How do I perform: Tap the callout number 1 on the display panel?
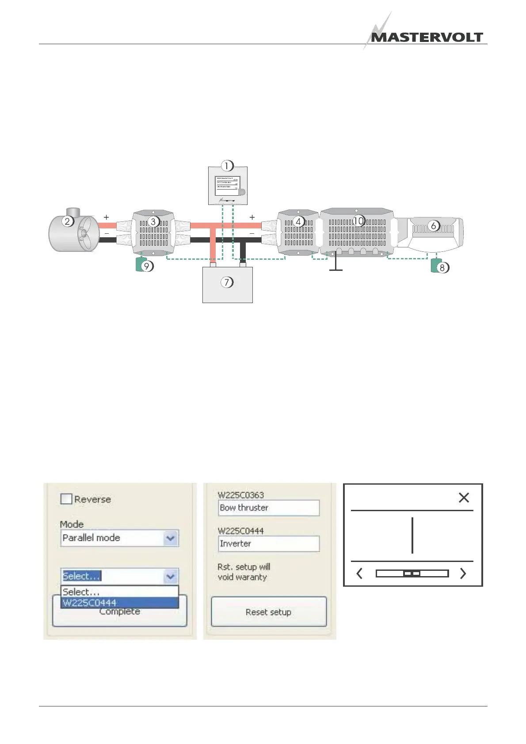(x=227, y=166)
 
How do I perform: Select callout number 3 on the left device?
(x=153, y=221)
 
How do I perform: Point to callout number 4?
(x=298, y=221)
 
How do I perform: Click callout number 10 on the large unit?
(x=358, y=220)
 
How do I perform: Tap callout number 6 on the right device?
(x=433, y=226)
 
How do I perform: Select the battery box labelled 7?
(x=227, y=285)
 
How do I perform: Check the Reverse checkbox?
(x=66, y=499)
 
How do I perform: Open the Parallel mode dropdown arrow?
(x=170, y=538)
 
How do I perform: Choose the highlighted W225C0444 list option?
(x=119, y=603)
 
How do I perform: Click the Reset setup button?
(x=269, y=612)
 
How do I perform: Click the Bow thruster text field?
(x=269, y=508)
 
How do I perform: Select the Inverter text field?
(x=269, y=544)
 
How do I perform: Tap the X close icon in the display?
(x=464, y=498)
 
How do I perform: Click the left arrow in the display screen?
(x=359, y=573)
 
